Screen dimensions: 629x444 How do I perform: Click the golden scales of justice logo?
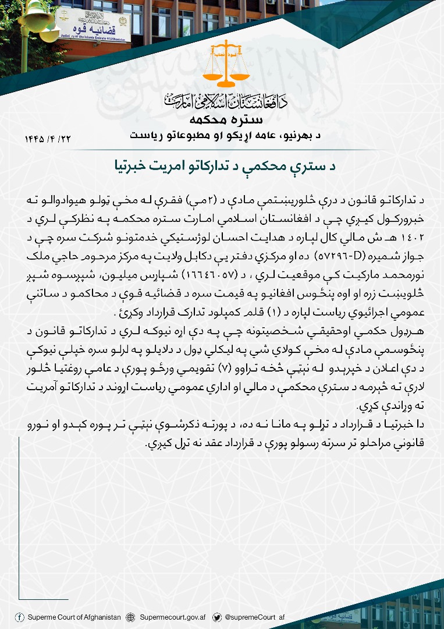(x=225, y=65)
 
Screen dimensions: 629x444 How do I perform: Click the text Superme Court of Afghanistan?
(x=74, y=617)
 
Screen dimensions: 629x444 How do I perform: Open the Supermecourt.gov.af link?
(x=173, y=617)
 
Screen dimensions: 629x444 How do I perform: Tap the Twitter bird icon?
(x=216, y=617)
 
